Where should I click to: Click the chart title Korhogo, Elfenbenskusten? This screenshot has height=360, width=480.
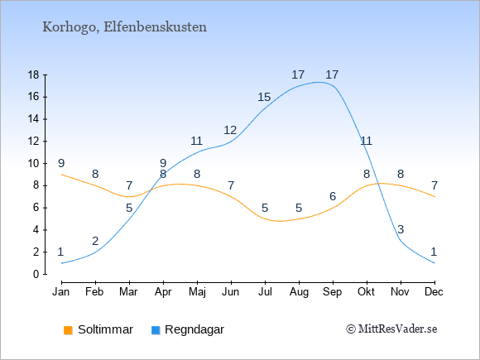(125, 27)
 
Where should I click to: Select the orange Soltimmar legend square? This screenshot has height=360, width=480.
(68, 330)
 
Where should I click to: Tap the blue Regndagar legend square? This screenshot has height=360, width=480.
(156, 330)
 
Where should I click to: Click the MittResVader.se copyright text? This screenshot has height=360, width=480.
(391, 329)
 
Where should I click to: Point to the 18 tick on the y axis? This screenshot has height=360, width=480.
(34, 74)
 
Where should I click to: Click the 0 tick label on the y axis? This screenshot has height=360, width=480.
(36, 274)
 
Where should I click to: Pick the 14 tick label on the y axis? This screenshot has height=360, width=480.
(34, 119)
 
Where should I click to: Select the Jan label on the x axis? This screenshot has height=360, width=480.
(61, 292)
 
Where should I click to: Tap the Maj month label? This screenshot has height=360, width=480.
(197, 292)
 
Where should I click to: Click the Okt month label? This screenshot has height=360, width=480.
(367, 292)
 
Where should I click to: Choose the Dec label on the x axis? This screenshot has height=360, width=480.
(434, 292)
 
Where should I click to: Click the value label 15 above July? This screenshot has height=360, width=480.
(264, 98)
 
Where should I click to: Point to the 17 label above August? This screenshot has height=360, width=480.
(298, 74)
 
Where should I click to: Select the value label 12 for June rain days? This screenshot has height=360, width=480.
(230, 131)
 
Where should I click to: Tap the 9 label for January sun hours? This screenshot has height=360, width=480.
(61, 164)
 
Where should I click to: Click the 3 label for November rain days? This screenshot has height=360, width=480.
(401, 229)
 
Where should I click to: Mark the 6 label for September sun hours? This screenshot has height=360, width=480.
(333, 196)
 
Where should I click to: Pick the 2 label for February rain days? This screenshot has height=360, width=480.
(95, 241)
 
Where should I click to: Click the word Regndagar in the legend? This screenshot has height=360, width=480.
(194, 330)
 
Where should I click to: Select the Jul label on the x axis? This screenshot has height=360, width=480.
(265, 292)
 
